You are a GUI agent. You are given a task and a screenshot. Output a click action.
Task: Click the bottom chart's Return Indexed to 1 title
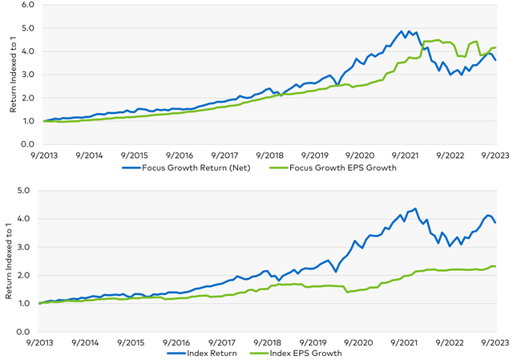[x=6, y=261]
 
